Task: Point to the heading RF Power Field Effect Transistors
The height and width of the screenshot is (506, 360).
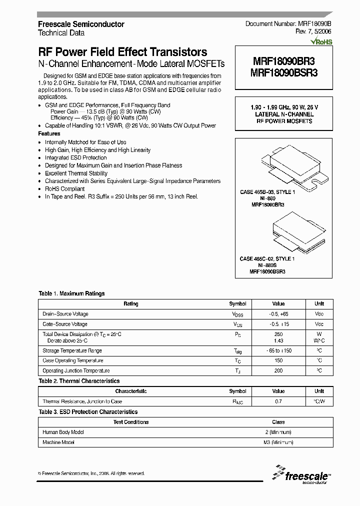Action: click(x=122, y=52)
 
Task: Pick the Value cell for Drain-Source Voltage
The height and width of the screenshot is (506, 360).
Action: click(x=278, y=314)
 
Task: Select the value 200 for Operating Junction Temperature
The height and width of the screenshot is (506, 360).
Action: click(x=278, y=371)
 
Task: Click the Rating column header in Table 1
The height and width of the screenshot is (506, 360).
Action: click(x=131, y=304)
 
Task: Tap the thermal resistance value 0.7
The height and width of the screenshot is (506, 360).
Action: click(x=278, y=401)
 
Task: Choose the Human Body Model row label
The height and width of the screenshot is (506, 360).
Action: click(x=63, y=432)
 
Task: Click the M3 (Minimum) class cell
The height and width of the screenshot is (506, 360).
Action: click(x=278, y=442)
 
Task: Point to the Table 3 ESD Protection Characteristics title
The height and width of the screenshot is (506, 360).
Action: click(x=88, y=412)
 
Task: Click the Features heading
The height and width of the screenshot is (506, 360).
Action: click(x=49, y=134)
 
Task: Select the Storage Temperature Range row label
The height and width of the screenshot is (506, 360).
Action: click(x=72, y=350)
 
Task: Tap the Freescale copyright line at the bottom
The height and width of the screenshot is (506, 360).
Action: click(x=91, y=473)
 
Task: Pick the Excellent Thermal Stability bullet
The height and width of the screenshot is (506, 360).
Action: click(x=76, y=173)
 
